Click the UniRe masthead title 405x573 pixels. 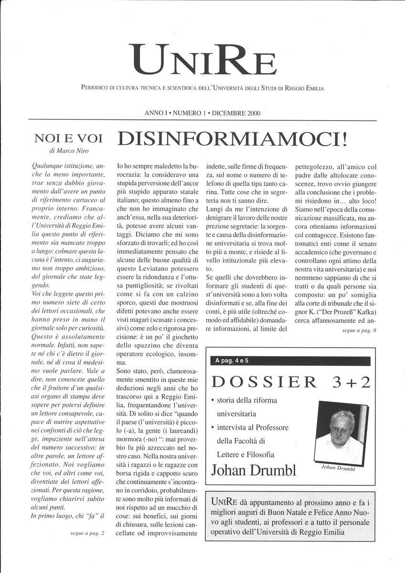point(202,61)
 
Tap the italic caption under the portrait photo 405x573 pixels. point(341,468)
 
